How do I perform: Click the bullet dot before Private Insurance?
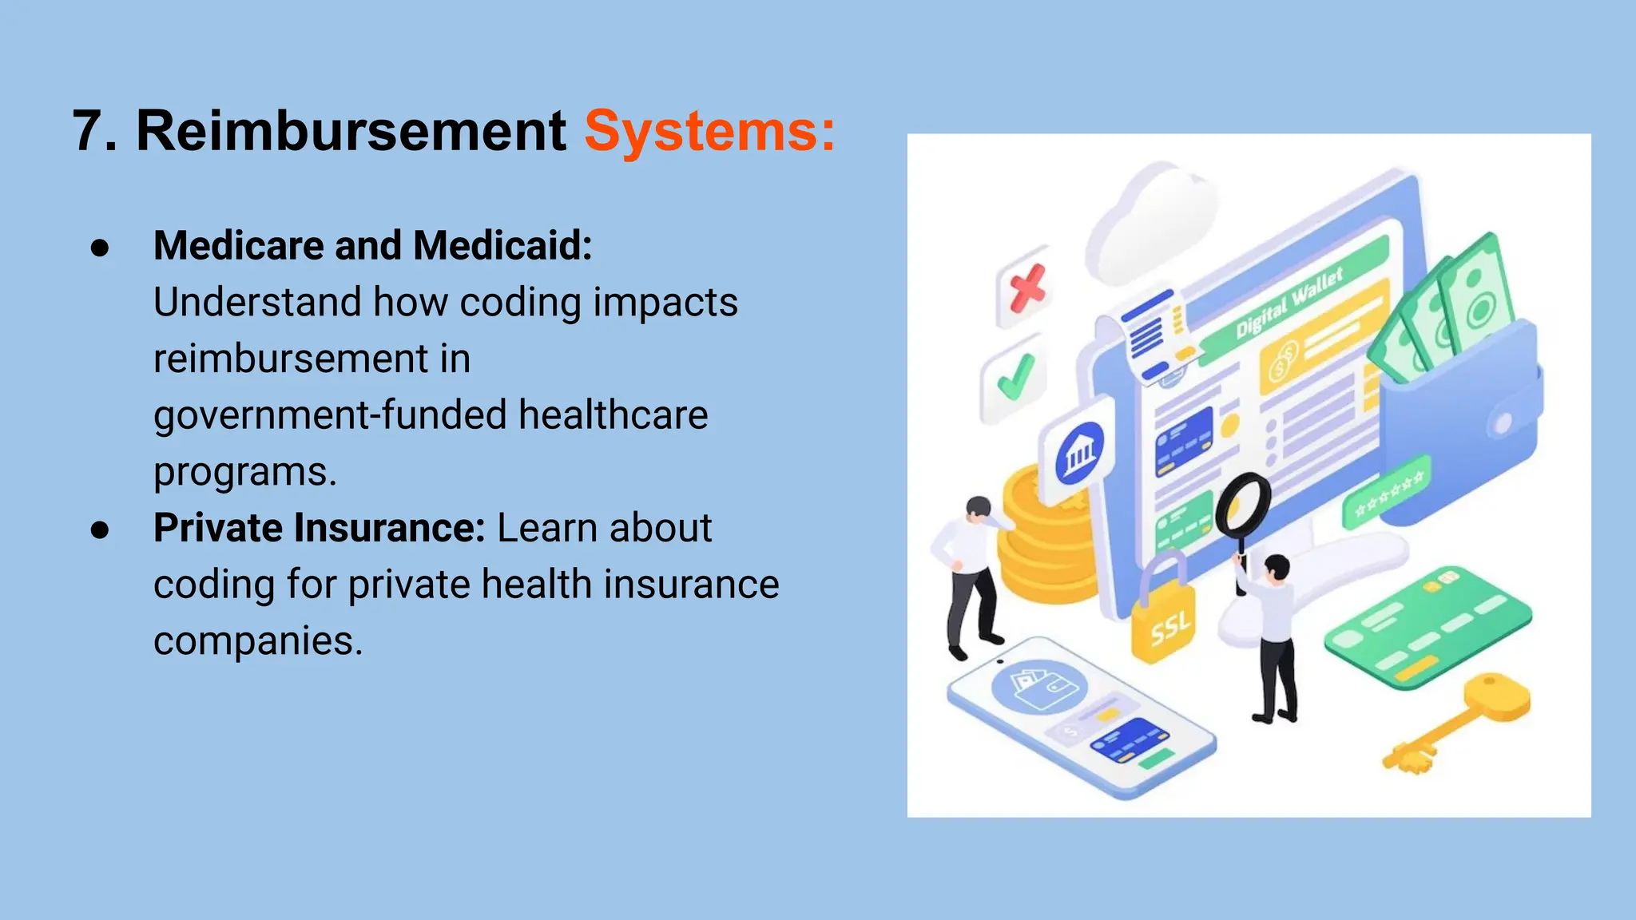pyautogui.click(x=100, y=529)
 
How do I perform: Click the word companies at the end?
pyautogui.click(x=257, y=640)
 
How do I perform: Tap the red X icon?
pyautogui.click(x=1026, y=287)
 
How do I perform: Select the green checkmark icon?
pyautogui.click(x=1015, y=377)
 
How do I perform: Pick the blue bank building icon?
pyautogui.click(x=1079, y=452)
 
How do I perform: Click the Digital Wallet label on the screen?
pyautogui.click(x=1289, y=304)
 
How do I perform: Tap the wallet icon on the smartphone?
pyautogui.click(x=1038, y=687)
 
